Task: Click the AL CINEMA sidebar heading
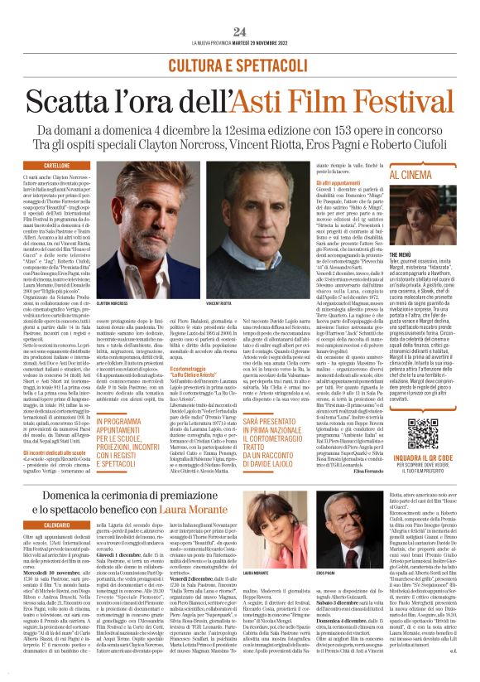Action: click(x=426, y=176)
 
